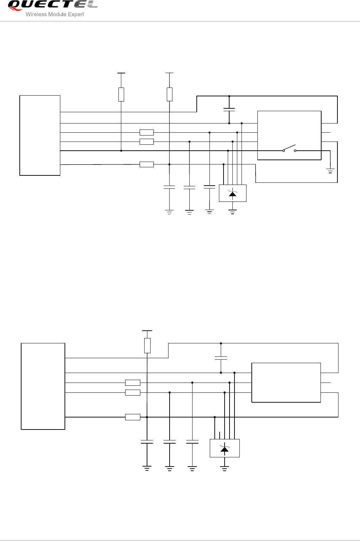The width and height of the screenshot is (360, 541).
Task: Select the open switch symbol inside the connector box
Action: (289, 148)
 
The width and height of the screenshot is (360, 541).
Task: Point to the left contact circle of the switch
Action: (283, 151)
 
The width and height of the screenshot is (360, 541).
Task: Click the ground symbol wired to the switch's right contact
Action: (330, 172)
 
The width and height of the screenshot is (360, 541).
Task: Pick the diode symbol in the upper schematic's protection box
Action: (232, 193)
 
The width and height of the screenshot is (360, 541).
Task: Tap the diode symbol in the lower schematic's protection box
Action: (224, 449)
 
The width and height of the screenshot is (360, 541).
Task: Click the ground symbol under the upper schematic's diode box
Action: (232, 212)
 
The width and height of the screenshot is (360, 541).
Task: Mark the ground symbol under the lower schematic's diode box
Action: (224, 468)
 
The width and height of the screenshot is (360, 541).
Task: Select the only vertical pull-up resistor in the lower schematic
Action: (147, 345)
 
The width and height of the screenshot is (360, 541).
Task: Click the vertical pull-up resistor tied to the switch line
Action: (121, 94)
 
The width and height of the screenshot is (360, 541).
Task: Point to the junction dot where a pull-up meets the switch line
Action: (121, 151)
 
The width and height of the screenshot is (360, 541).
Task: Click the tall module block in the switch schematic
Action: (40, 135)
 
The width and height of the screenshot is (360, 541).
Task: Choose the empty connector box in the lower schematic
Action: (286, 382)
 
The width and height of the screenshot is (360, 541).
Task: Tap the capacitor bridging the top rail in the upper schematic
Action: (229, 109)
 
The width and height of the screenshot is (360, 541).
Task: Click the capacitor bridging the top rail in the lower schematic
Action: (221, 358)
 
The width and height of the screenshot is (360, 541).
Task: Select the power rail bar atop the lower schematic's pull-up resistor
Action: (147, 331)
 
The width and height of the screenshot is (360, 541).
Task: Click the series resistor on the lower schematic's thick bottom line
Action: (133, 417)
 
